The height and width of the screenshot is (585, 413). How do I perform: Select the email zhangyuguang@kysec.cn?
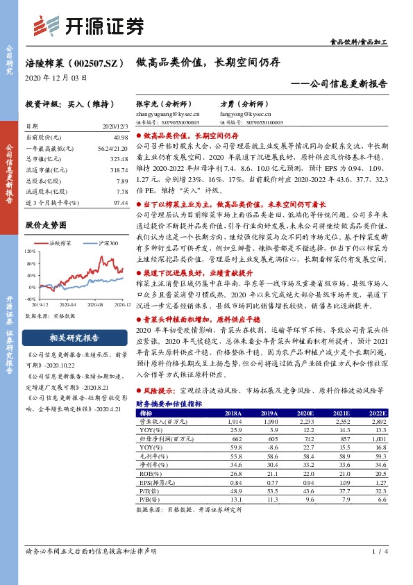click(x=167, y=113)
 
